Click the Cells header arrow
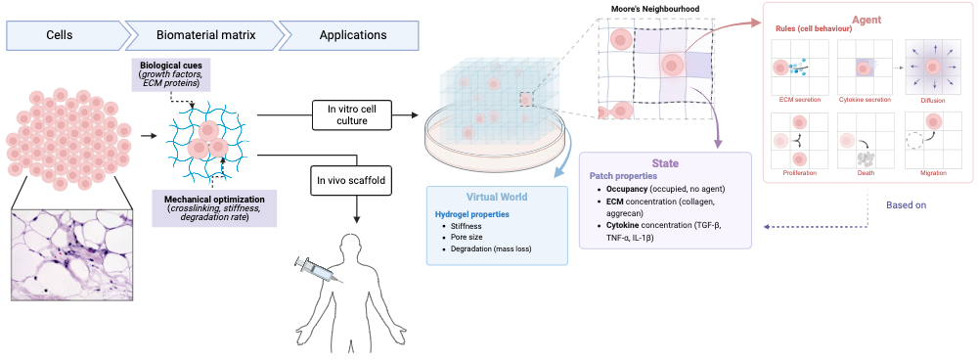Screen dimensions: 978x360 (66, 35)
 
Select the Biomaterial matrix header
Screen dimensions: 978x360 (205, 35)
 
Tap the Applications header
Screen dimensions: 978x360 (352, 35)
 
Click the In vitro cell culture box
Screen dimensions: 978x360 (352, 115)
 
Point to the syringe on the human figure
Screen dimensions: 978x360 (319, 271)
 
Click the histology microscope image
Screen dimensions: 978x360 (74, 254)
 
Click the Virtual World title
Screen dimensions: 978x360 (497, 196)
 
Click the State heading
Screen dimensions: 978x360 (665, 163)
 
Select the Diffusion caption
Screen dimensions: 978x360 (932, 99)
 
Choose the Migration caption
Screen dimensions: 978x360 (932, 173)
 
